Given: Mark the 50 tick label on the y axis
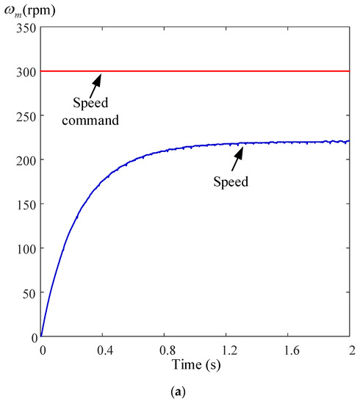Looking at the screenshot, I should coord(27,292).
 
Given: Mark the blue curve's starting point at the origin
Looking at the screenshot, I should coord(41,336).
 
